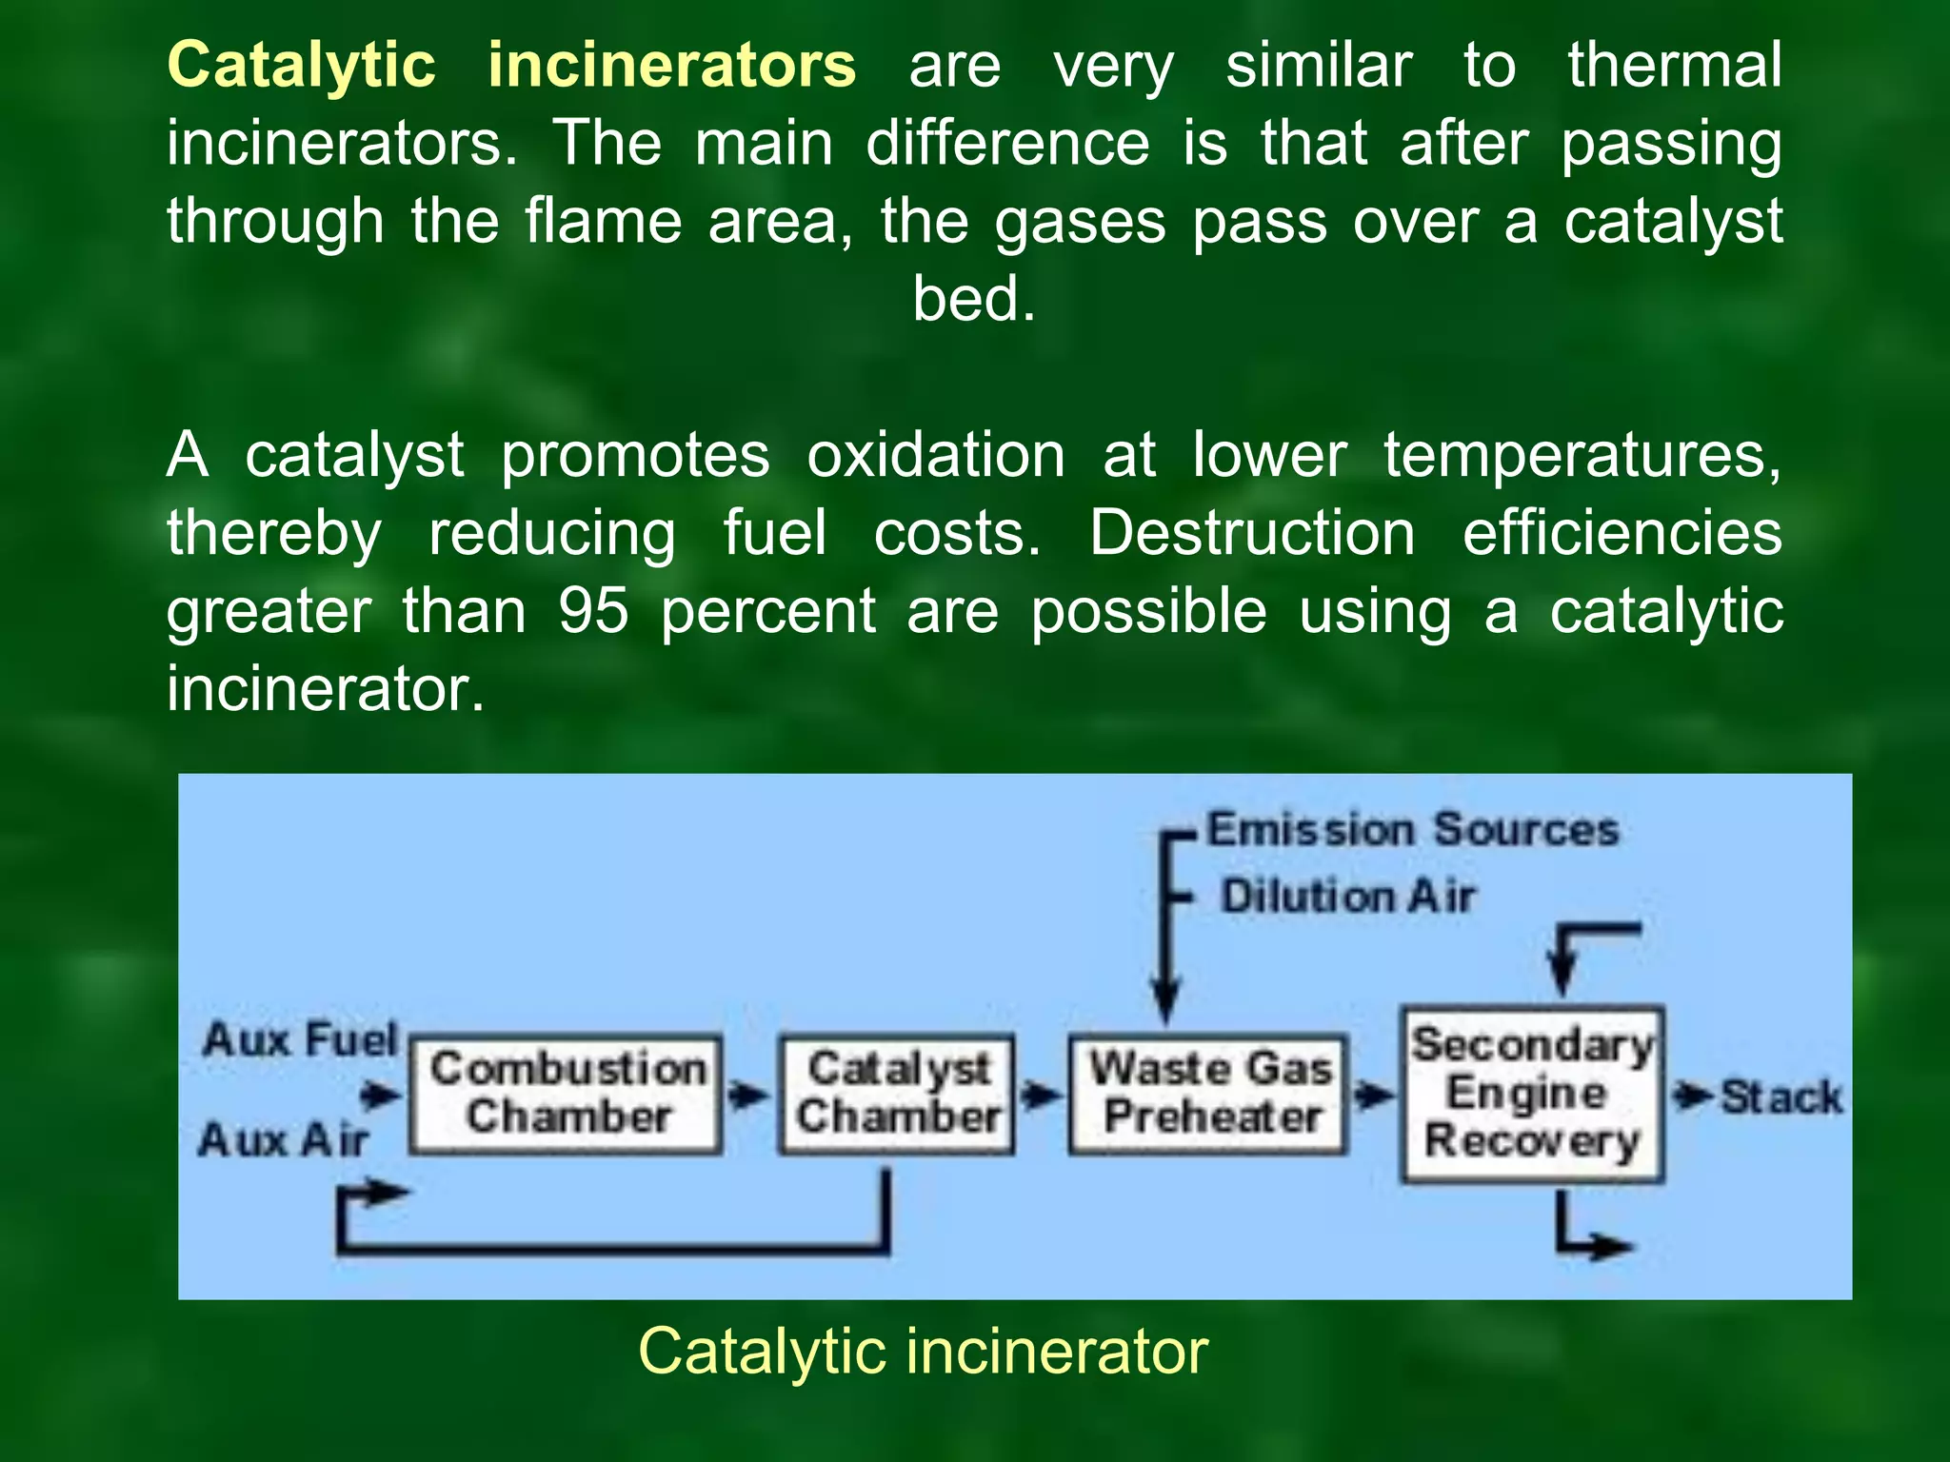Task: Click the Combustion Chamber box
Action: pyautogui.click(x=566, y=1095)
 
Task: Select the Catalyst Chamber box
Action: pyautogui.click(x=897, y=1095)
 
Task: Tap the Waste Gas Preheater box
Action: pyautogui.click(x=1209, y=1095)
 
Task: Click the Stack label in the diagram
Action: pyautogui.click(x=1781, y=1097)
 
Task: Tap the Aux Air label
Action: pyautogui.click(x=284, y=1139)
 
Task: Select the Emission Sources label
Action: pyautogui.click(x=1413, y=829)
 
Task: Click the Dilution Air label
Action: pyautogui.click(x=1347, y=897)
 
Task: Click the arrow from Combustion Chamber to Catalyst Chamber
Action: pyautogui.click(x=749, y=1096)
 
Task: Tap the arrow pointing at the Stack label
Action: pyautogui.click(x=1691, y=1096)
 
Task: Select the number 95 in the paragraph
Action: pyautogui.click(x=592, y=610)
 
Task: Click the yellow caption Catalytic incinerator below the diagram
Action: pyautogui.click(x=923, y=1351)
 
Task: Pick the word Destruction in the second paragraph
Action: pyautogui.click(x=1252, y=532)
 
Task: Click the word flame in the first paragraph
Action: pyautogui.click(x=603, y=221)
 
